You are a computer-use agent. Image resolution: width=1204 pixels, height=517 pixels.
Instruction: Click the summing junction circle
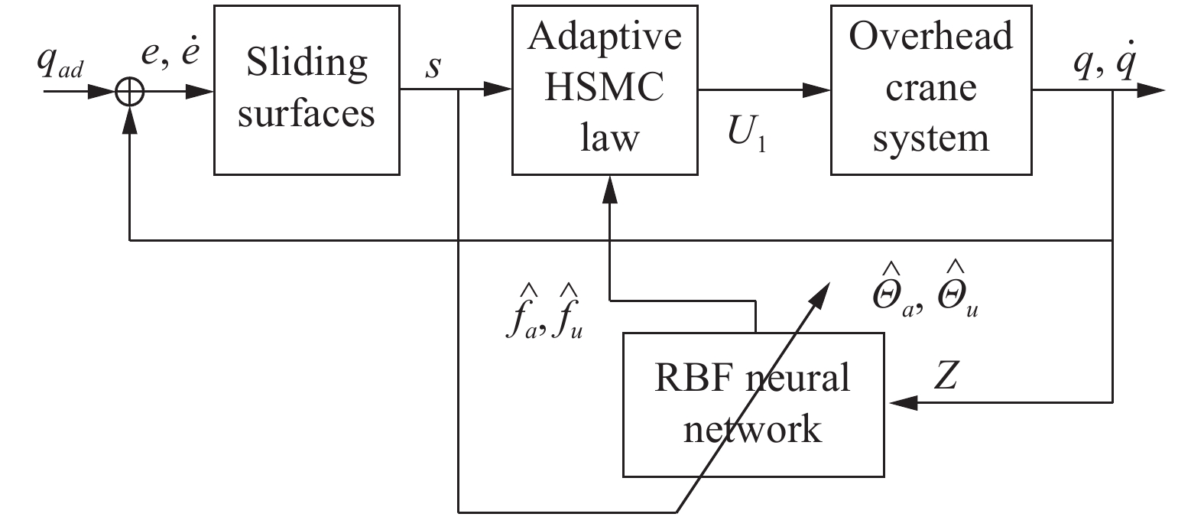click(130, 92)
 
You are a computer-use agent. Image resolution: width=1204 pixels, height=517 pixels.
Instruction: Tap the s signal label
click(433, 67)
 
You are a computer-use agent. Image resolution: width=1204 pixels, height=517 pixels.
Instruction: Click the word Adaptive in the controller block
click(604, 37)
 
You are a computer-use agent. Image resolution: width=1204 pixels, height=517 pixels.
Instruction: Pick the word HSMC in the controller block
click(604, 87)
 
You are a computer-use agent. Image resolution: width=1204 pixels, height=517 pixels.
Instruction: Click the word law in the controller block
click(608, 138)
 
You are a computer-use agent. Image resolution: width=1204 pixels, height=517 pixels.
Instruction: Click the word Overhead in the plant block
click(930, 37)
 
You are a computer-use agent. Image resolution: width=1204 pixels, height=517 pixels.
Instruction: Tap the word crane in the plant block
click(930, 89)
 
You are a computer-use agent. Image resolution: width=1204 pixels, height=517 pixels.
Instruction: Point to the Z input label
click(946, 376)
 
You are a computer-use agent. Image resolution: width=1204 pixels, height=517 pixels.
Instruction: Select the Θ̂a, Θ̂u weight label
click(926, 291)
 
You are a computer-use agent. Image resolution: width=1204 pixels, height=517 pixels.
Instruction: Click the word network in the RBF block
click(752, 428)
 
